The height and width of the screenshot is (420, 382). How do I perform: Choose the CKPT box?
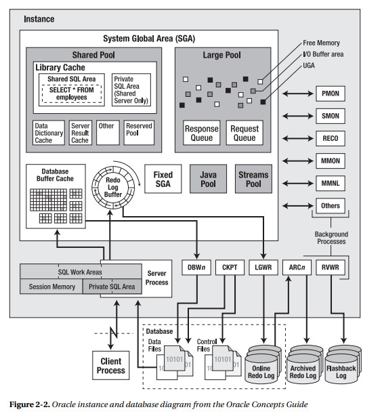(230, 267)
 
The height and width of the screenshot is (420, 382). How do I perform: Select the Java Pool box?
(208, 179)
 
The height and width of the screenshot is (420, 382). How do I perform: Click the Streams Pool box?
(253, 179)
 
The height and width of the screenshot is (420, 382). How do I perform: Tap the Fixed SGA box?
(163, 179)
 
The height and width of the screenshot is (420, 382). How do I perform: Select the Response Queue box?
(202, 133)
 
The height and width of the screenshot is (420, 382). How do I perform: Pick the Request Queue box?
(245, 133)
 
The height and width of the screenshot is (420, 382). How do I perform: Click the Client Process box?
(110, 366)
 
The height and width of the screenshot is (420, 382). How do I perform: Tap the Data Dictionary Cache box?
(49, 133)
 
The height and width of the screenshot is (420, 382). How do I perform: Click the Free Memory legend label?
(322, 43)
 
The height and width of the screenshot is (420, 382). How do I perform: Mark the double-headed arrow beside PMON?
(297, 94)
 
